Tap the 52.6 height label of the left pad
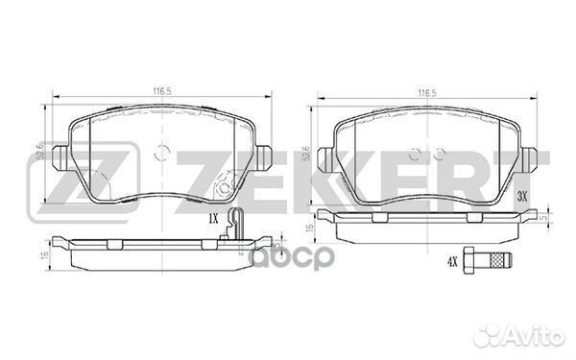37,153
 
